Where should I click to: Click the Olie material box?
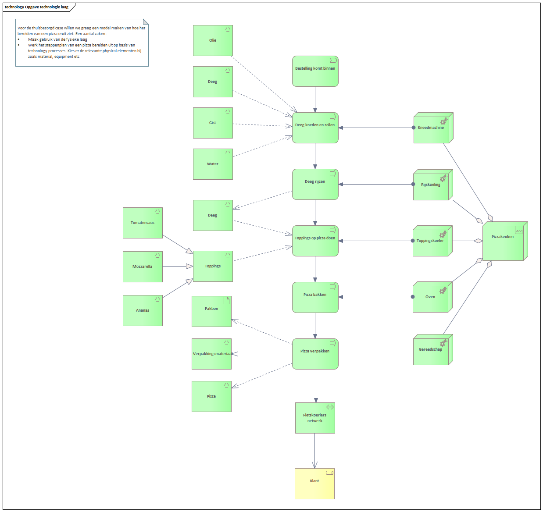(213, 40)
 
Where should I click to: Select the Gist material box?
(213, 123)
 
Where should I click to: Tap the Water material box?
(213, 164)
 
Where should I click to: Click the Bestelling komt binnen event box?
(315, 71)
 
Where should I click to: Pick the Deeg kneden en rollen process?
(315, 128)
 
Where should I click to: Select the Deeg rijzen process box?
(315, 184)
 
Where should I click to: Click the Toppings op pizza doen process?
(315, 241)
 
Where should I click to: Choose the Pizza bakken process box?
(315, 297)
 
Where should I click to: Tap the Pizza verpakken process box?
(315, 354)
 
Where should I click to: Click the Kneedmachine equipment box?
(433, 128)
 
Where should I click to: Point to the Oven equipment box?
(432, 297)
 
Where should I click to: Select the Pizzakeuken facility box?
(505, 241)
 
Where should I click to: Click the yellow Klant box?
(314, 484)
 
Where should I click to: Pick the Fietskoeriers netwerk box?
(315, 418)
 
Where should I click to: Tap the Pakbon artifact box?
(211, 311)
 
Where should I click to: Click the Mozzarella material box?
(143, 267)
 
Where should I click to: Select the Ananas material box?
(143, 310)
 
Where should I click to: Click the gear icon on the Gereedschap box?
(443, 343)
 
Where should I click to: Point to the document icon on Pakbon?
(226, 301)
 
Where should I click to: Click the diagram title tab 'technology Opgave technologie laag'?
(37, 7)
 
